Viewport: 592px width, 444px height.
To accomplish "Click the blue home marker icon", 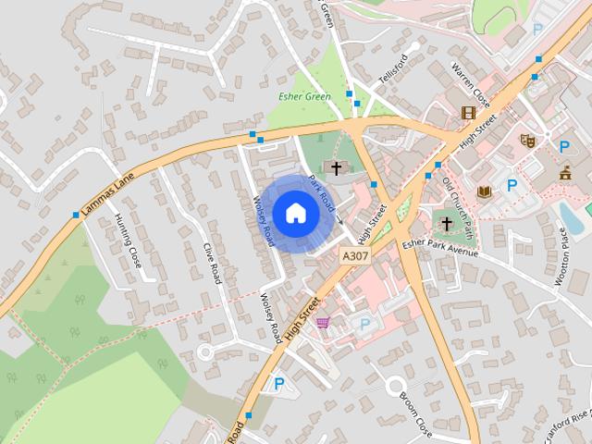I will click(295, 213).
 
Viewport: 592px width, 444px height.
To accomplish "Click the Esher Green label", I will click(304, 96).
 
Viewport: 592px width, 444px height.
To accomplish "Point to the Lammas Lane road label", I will click(107, 192).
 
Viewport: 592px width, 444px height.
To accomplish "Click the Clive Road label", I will click(214, 262).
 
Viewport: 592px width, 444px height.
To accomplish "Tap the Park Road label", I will click(321, 191).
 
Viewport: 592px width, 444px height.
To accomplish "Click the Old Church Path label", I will click(456, 197).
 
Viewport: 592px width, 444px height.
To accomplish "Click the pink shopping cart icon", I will click(322, 322).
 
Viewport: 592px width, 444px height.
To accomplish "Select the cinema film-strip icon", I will click(468, 113).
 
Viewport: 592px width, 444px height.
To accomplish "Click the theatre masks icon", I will click(529, 141).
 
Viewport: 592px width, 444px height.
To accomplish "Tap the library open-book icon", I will click(484, 191).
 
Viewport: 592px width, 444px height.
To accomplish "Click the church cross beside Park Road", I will click(336, 168).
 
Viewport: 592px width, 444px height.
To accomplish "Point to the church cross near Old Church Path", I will click(446, 224).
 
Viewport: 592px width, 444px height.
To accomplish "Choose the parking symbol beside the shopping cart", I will click(364, 324).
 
